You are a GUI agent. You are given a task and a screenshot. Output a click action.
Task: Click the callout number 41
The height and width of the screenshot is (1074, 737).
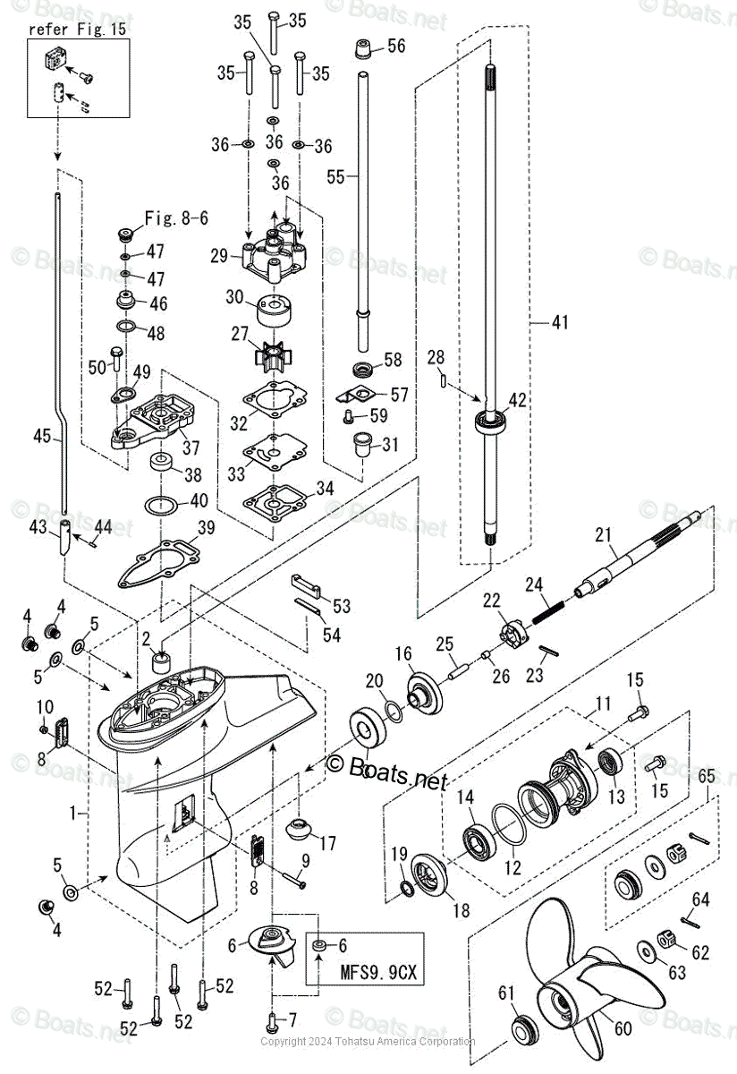[560, 320]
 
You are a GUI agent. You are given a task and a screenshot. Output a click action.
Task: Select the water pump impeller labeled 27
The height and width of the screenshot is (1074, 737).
[270, 356]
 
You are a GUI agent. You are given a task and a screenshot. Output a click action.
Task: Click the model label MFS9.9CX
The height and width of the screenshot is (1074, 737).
[366, 968]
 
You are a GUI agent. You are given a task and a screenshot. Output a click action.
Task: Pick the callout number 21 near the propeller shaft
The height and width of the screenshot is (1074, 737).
[606, 535]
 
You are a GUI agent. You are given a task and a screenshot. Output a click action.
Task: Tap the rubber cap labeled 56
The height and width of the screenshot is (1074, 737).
[363, 50]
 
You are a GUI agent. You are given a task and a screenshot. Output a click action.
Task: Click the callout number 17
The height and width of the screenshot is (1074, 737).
[327, 842]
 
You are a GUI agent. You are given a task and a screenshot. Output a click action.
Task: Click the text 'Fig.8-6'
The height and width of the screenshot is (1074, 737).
[177, 217]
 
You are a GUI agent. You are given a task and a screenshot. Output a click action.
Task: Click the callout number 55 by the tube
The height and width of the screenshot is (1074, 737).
[335, 176]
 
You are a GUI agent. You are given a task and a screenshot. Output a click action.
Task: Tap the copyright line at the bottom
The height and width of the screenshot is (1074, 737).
[368, 1041]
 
